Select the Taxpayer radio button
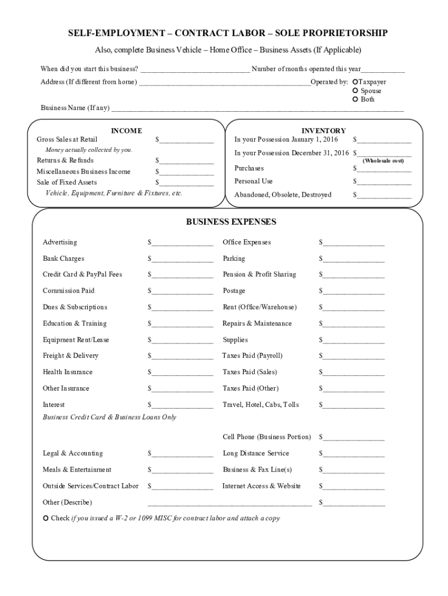tap(356, 83)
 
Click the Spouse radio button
tap(356, 91)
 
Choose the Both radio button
tap(356, 100)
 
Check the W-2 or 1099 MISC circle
tap(46, 518)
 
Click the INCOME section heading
tap(126, 131)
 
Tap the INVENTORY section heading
tap(323, 131)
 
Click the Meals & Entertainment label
tap(77, 470)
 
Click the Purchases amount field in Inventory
tap(385, 169)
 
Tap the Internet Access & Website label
tap(261, 486)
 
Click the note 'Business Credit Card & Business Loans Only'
tap(109, 417)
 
